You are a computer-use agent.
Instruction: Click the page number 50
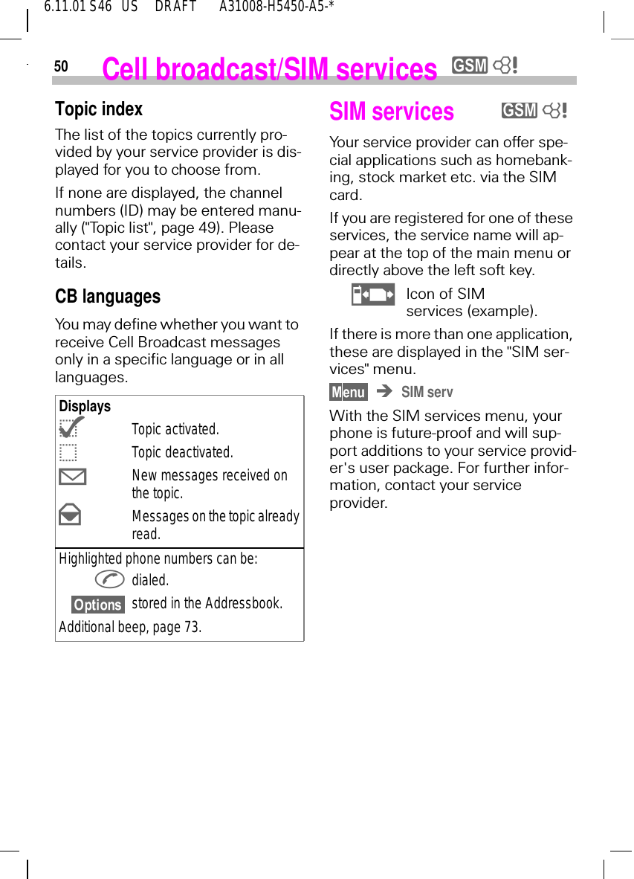click(x=61, y=67)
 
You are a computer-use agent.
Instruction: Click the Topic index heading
click(x=99, y=109)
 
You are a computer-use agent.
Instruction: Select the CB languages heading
click(x=108, y=297)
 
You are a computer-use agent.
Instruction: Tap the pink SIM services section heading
click(x=392, y=112)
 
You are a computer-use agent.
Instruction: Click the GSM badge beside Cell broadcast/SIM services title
click(x=470, y=66)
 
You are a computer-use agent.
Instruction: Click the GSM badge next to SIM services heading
click(x=520, y=111)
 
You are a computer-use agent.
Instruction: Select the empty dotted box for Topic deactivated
click(x=68, y=452)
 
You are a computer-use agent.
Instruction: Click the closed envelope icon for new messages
click(x=71, y=477)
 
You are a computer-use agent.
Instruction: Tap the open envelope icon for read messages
click(x=70, y=515)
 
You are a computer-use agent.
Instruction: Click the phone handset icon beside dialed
click(x=110, y=580)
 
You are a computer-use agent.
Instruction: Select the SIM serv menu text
click(x=427, y=392)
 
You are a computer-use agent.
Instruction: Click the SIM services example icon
click(x=373, y=294)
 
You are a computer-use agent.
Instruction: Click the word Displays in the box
click(x=85, y=407)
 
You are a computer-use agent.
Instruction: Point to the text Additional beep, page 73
click(x=130, y=627)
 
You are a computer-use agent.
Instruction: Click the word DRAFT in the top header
click(x=175, y=7)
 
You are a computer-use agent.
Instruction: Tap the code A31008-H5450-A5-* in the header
click(x=276, y=7)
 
